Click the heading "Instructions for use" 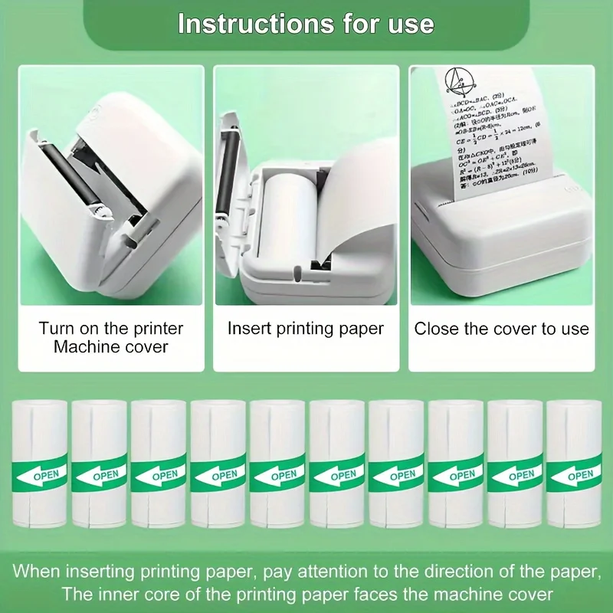pyautogui.click(x=306, y=23)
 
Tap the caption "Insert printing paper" pyautogui.click(x=306, y=329)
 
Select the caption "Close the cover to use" pyautogui.click(x=502, y=329)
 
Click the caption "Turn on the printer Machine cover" pyautogui.click(x=111, y=338)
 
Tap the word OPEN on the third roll pyautogui.click(x=165, y=475)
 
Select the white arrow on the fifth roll pyautogui.click(x=264, y=477)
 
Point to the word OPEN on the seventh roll pyautogui.click(x=402, y=475)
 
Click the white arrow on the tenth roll pyautogui.click(x=559, y=477)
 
